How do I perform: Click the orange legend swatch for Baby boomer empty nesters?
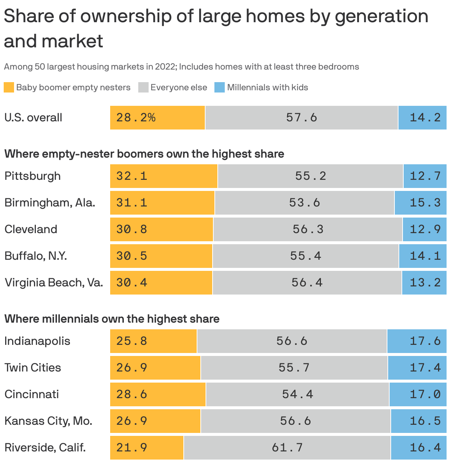[x=9, y=87]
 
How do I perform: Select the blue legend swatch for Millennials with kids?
[x=220, y=87]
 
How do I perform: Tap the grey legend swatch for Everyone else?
[x=143, y=87]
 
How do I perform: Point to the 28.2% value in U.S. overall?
[x=136, y=118]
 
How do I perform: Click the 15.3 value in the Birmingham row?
[x=425, y=202]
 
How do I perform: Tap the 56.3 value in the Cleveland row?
[x=308, y=229]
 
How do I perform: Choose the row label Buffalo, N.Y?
[x=35, y=256]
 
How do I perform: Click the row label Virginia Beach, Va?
[x=54, y=282]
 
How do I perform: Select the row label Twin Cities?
[x=33, y=367]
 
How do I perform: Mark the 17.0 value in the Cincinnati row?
[x=425, y=394]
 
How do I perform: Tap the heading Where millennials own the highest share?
[x=112, y=319]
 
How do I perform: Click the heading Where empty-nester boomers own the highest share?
[x=144, y=154]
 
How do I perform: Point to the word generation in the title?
[x=381, y=17]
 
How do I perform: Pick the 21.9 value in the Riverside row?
[x=132, y=447]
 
